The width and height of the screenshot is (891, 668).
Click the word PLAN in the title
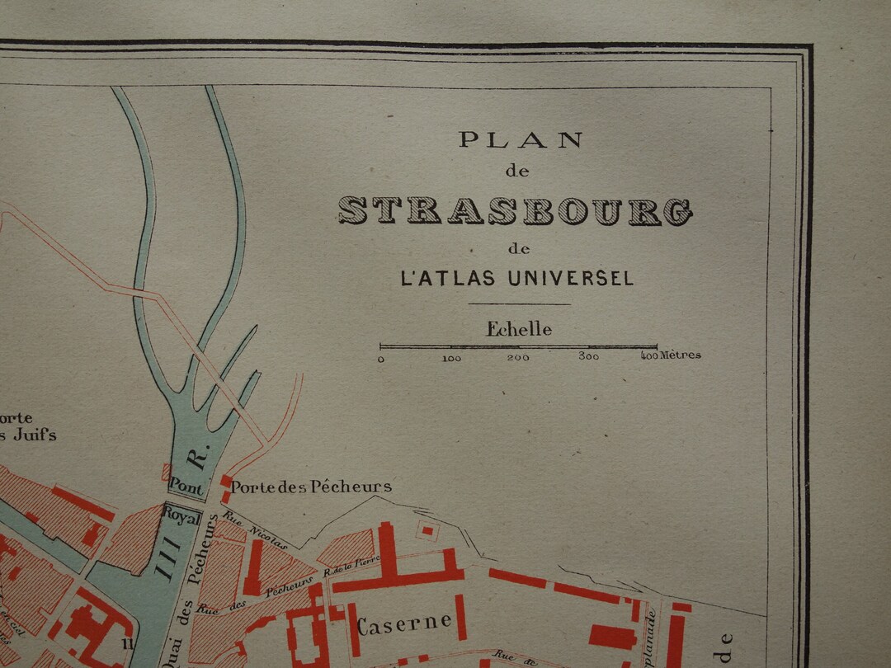521,140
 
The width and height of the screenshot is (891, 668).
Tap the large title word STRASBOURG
515,211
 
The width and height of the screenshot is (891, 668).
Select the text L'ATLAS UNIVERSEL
517,279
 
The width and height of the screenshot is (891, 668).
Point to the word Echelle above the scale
518,329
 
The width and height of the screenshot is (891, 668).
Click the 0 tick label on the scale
381,359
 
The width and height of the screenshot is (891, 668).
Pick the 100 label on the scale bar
450,358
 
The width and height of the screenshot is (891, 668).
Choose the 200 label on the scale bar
518,358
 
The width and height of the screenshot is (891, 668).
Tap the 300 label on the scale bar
588,357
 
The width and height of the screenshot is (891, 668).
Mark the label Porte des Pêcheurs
310,487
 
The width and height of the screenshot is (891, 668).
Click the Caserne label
404,623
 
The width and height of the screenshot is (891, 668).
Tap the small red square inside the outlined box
427,530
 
